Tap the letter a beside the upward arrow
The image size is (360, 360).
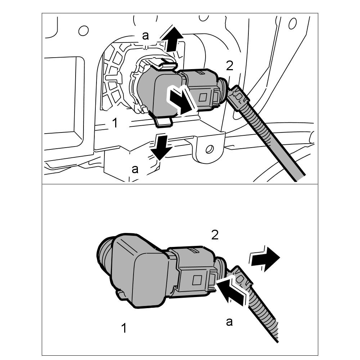[x=145, y=35]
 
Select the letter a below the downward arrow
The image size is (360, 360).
[x=135, y=169]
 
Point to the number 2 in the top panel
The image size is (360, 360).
[x=229, y=66]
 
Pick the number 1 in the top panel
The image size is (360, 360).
[x=114, y=123]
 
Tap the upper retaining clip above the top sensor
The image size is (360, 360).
[x=166, y=65]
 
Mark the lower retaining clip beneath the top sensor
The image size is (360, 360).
[x=164, y=122]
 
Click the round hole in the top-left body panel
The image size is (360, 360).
[x=83, y=31]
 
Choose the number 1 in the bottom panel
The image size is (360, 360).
[x=123, y=328]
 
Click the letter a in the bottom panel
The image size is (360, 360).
[x=229, y=321]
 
